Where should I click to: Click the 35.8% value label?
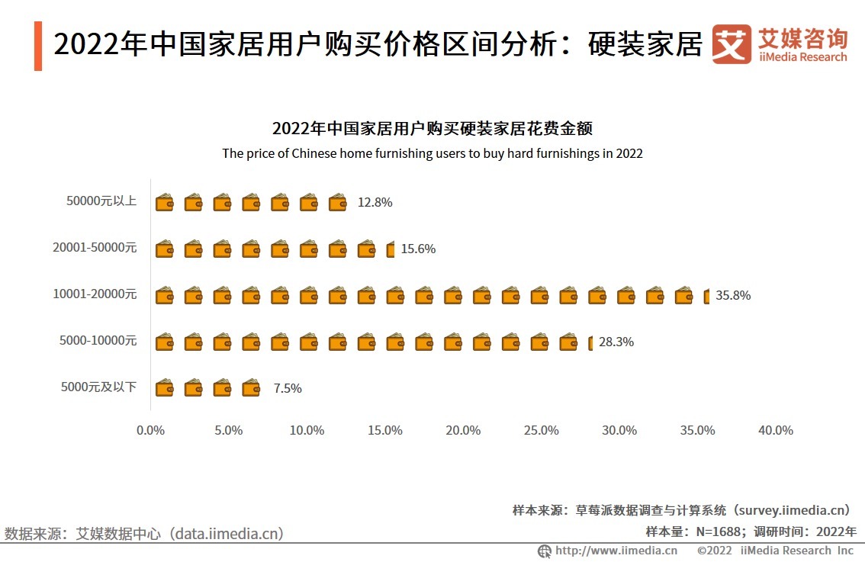click(x=732, y=295)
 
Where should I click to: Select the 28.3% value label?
click(x=616, y=342)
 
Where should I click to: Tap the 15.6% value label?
click(x=418, y=249)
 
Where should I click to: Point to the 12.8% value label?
click(x=375, y=202)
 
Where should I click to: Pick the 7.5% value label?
click(x=288, y=388)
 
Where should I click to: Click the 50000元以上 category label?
click(x=101, y=201)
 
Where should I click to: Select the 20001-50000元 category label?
click(x=95, y=248)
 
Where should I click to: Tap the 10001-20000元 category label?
click(x=95, y=294)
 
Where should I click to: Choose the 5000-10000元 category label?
click(x=98, y=341)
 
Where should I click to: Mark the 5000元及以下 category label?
click(x=99, y=387)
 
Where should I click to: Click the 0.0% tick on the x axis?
click(x=150, y=430)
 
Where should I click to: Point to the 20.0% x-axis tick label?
click(x=463, y=430)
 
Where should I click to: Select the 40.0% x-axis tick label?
click(x=775, y=430)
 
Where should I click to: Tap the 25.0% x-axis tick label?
click(x=541, y=430)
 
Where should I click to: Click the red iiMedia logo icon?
click(x=731, y=45)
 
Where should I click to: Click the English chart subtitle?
click(x=432, y=153)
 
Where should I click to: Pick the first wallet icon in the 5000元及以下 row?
click(x=165, y=388)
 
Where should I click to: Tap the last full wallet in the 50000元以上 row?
click(x=337, y=202)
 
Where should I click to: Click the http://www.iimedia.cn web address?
click(x=616, y=551)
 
